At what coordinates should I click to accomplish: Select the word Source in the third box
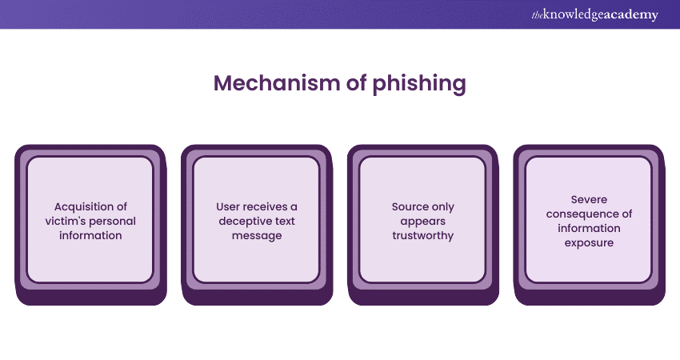(x=408, y=206)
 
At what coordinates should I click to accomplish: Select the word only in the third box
(x=442, y=206)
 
